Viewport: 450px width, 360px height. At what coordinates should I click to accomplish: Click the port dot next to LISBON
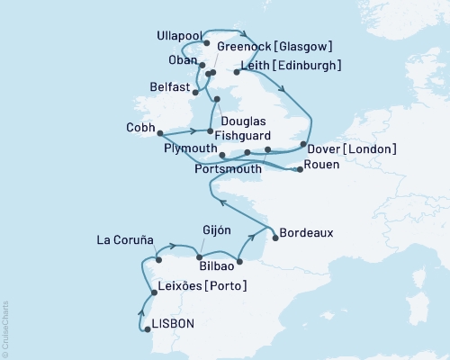tap(148, 329)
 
